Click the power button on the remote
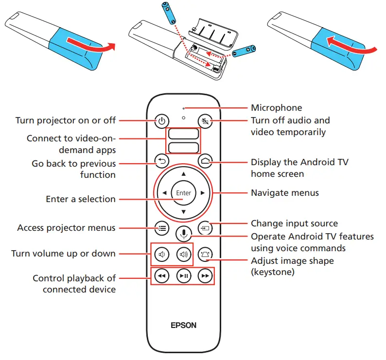tap(162, 121)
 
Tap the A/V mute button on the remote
tap(205, 121)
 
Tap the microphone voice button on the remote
tap(183, 234)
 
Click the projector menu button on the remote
tap(162, 227)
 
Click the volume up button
tap(183, 254)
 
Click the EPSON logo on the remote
tap(183, 325)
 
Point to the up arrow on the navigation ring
tap(183, 173)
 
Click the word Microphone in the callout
tap(276, 108)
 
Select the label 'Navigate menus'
tap(285, 193)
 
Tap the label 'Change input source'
tap(294, 223)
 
